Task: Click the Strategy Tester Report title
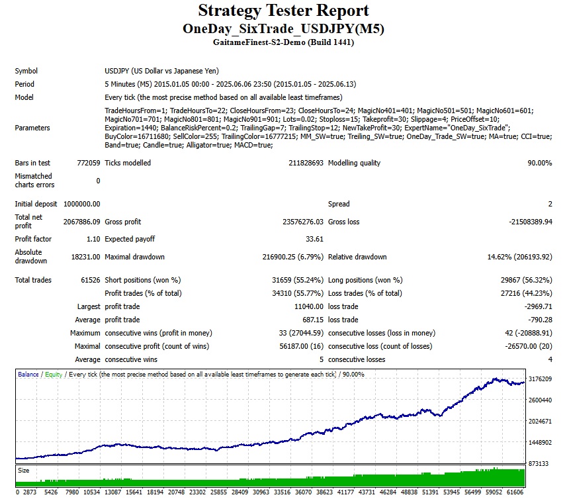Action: [x=284, y=11]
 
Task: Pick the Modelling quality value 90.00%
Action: [x=537, y=163]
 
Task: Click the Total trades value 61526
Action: [x=89, y=280]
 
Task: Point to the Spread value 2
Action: [x=550, y=204]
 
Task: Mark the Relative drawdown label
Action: [x=357, y=257]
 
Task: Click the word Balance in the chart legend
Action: [x=28, y=375]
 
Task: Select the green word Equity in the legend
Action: [x=54, y=375]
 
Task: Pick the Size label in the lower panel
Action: [x=23, y=471]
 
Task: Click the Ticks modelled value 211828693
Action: [x=298, y=163]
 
